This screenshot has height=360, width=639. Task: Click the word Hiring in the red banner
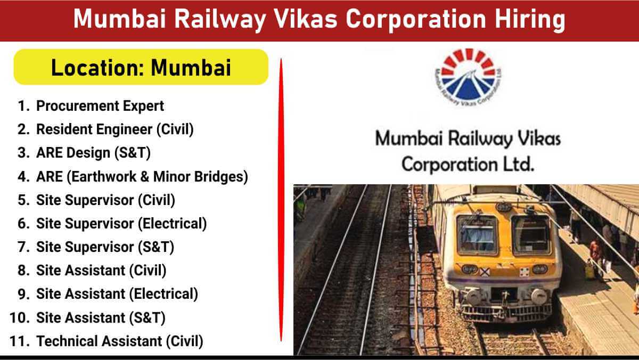click(530, 20)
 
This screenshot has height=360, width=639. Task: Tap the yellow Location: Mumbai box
click(141, 67)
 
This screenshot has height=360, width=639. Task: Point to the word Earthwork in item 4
click(104, 177)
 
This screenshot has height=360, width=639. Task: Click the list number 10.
click(19, 318)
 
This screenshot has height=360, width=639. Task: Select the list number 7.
click(23, 247)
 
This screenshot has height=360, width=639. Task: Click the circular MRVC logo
click(468, 77)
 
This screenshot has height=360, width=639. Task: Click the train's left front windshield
click(477, 235)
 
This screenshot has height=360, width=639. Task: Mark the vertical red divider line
click(281, 200)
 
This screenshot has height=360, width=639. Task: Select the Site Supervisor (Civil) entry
click(105, 200)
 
